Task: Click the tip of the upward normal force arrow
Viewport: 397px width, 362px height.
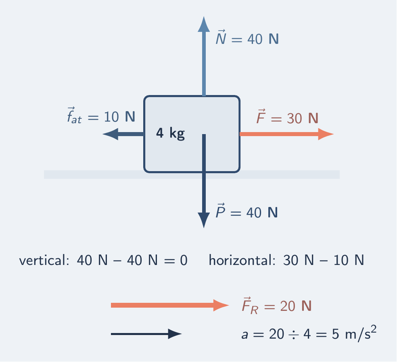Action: pos(204,17)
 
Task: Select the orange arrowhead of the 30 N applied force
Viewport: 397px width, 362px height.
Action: pos(326,134)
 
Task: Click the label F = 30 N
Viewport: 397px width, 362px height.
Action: pos(287,117)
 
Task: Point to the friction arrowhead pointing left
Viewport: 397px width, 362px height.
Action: pos(111,134)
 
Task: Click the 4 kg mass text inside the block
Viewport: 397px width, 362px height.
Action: pos(170,133)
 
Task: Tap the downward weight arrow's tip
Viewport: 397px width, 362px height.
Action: pos(204,228)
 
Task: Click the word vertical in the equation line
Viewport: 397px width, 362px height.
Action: pos(44,260)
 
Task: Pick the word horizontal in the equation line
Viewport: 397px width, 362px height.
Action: pos(242,260)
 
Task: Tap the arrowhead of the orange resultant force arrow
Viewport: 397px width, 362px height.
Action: pos(221,305)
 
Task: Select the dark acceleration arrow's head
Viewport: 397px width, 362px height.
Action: pos(175,334)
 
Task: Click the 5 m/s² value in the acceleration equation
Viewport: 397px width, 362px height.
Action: pos(354,333)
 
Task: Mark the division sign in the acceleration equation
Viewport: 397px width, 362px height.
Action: pos(294,335)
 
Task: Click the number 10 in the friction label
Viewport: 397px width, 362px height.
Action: pos(111,117)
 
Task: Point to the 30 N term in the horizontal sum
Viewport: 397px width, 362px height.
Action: pos(299,261)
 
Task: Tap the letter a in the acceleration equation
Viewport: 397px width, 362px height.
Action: pos(245,335)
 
